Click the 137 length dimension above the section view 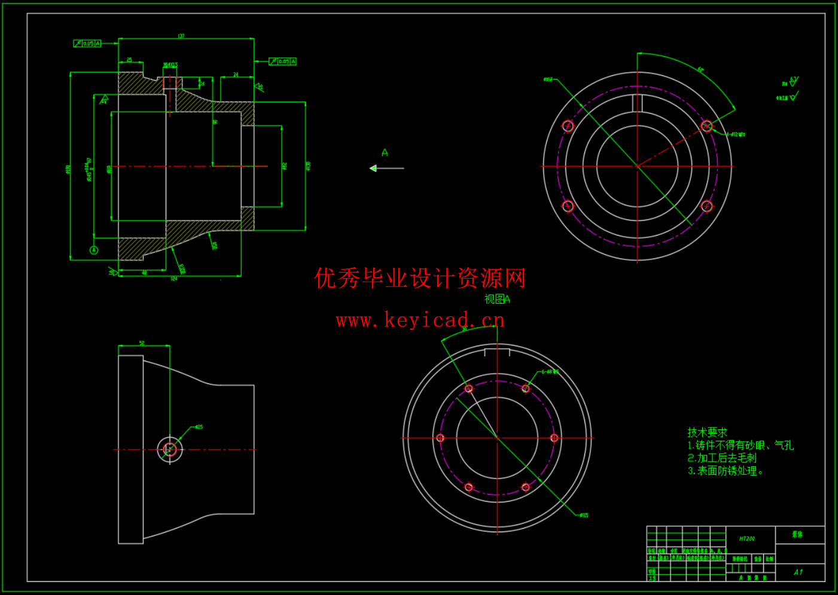point(181,36)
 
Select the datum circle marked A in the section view point(94,250)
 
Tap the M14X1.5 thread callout point(170,65)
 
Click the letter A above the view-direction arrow point(385,153)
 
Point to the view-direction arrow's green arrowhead point(373,169)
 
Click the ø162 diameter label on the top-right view point(548,80)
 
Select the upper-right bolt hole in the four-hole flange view point(706,126)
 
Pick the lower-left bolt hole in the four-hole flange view point(568,206)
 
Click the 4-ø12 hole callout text point(736,135)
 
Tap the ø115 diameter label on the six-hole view point(584,515)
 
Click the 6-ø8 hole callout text point(550,372)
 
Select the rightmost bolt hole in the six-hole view point(554,438)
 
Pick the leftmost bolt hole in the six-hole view point(441,438)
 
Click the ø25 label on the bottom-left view point(199,427)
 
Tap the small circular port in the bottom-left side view point(170,450)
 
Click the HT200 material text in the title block point(747,539)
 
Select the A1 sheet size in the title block point(798,572)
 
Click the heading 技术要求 point(707,432)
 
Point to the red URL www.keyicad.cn point(420,321)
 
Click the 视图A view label point(497,299)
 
